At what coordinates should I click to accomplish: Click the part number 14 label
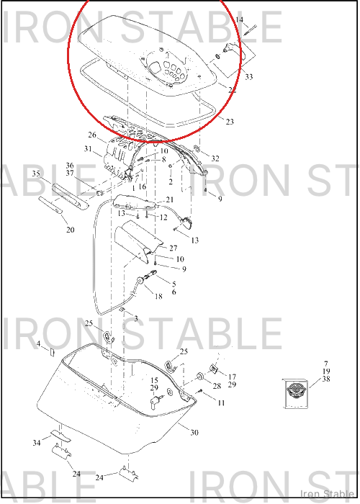click(240, 20)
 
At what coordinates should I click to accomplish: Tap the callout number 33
click(249, 77)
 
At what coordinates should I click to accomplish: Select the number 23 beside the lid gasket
click(230, 122)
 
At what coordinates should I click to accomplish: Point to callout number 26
click(92, 135)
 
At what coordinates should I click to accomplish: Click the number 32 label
click(215, 158)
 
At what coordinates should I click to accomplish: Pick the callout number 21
click(170, 199)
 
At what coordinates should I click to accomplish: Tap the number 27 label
click(174, 248)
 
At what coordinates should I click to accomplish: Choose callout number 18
click(158, 296)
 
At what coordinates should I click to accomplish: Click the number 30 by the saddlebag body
click(194, 433)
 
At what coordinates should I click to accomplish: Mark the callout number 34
click(37, 443)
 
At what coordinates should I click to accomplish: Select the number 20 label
click(71, 230)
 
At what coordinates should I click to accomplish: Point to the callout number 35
click(36, 174)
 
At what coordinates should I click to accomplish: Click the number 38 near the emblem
click(326, 379)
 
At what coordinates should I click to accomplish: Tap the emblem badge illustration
click(295, 394)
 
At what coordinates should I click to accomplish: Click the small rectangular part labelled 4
click(52, 352)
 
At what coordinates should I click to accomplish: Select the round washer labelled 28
click(200, 377)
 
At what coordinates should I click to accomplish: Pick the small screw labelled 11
click(199, 392)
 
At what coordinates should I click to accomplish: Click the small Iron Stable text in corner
click(327, 494)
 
